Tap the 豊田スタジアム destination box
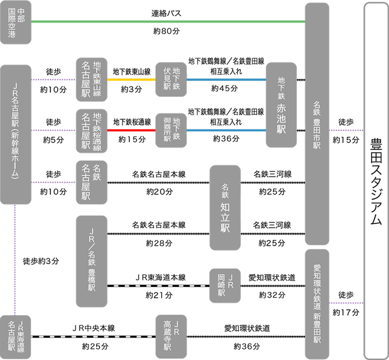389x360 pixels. coord(376,180)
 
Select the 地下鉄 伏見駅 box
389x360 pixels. coord(171,80)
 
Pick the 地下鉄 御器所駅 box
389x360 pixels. coord(171,130)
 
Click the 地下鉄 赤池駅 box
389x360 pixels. coord(281,105)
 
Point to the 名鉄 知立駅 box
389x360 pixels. coord(225,208)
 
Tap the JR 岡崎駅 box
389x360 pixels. coord(225,286)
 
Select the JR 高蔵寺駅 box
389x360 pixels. coord(171,336)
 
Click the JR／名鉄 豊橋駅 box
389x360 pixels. coord(92,261)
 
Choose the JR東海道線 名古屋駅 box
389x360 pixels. coord(16,336)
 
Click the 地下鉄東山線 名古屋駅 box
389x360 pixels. coord(92,80)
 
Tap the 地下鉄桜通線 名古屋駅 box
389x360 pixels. coord(92,130)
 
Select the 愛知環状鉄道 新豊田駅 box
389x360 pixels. coord(317,304)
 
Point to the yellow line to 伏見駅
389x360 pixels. coord(131,80)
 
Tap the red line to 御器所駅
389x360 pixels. coord(131,130)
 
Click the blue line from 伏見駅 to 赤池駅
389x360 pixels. coord(226,80)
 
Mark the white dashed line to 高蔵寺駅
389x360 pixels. coord(93,337)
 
